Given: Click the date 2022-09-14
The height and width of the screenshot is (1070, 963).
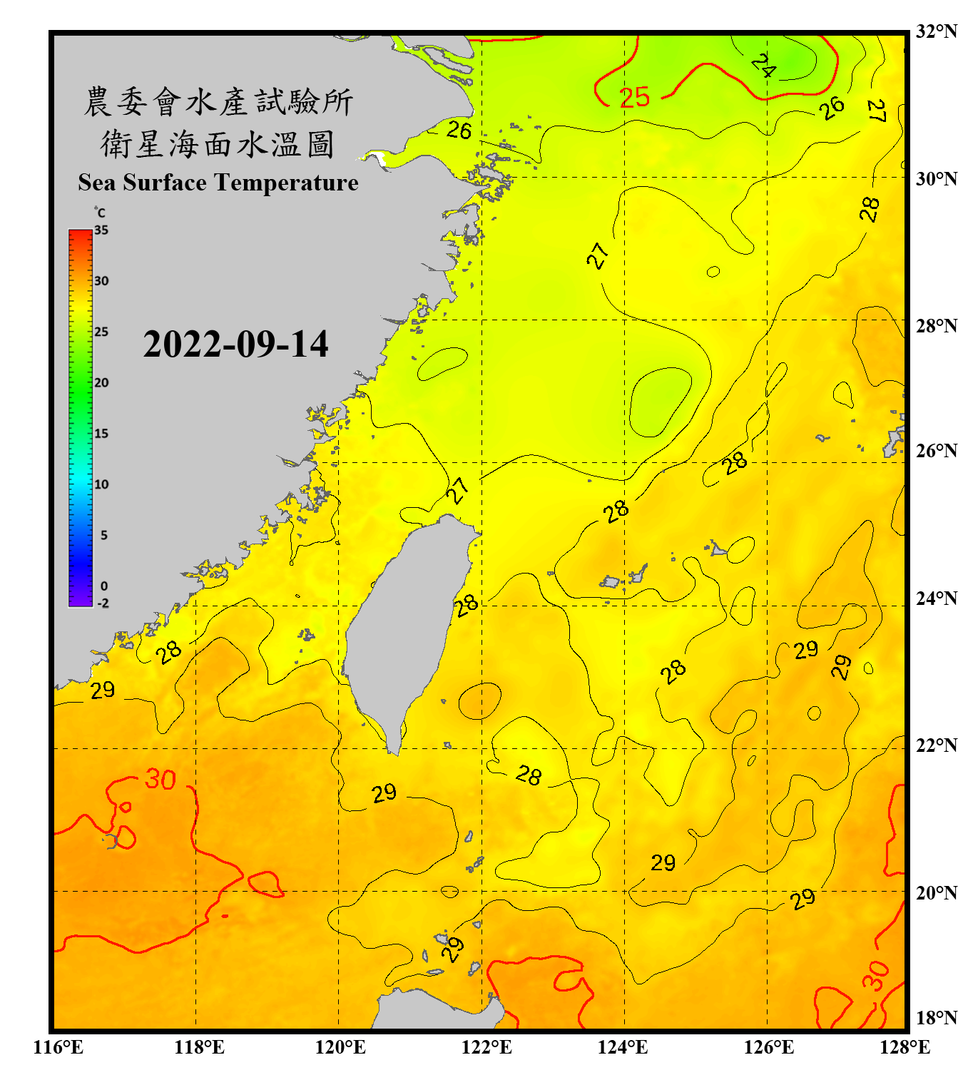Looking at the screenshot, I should tap(235, 345).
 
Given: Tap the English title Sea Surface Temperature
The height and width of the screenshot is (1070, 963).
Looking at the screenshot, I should tap(218, 183).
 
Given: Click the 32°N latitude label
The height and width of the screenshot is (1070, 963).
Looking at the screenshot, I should tap(936, 31).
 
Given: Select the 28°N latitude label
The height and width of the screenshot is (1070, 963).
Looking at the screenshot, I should tap(936, 326).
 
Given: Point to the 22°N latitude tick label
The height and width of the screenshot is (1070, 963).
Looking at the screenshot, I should tap(936, 745).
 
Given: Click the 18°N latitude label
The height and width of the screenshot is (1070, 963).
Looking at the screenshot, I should tap(936, 1018).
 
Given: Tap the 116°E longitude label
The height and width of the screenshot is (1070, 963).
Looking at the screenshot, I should tap(58, 1047).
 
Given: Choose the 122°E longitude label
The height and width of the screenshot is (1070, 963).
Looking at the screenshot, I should tap(486, 1047).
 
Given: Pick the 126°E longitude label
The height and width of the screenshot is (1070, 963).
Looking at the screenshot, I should tap(768, 1047).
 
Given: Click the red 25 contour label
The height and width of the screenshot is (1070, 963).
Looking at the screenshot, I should tap(634, 97).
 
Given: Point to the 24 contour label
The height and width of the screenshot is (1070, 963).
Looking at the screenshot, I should tap(763, 66).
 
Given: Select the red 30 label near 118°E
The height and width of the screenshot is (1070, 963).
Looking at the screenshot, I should tap(160, 779).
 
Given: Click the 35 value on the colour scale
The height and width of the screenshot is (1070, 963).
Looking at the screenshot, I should tap(101, 230).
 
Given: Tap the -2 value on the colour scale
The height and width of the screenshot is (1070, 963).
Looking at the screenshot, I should tap(103, 603).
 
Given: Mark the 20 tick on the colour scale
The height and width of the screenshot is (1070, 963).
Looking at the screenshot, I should tap(101, 383).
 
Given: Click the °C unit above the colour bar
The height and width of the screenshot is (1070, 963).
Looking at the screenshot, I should tap(100, 213).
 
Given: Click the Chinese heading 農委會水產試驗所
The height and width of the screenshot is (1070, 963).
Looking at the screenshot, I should tap(218, 102).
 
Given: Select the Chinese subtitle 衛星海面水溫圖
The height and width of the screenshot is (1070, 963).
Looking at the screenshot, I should tap(218, 144).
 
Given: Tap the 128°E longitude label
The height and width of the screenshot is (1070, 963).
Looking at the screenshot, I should tap(905, 1047).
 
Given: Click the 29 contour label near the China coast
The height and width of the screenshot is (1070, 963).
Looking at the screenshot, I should tap(103, 690).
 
